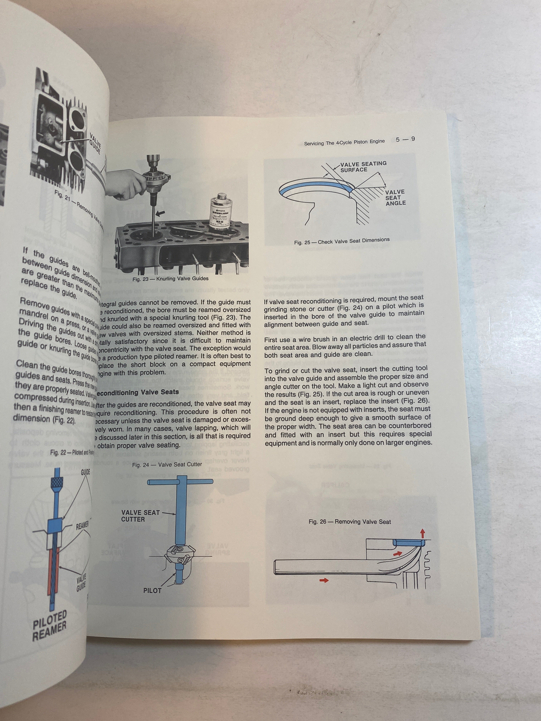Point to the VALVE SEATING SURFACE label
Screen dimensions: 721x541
(363, 166)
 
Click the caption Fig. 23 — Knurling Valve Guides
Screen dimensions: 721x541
(170, 279)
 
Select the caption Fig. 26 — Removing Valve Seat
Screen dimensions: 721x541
(350, 521)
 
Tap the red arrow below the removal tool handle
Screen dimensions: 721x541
(324, 580)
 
